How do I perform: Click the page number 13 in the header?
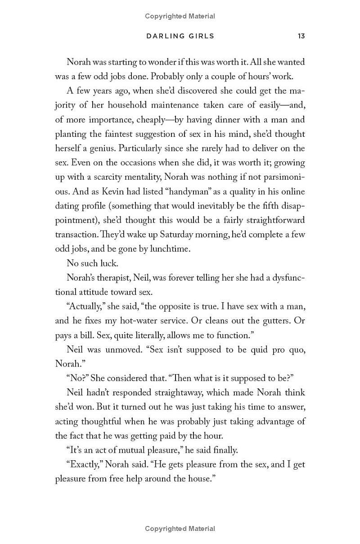click(301, 36)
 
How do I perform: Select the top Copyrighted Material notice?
click(180, 16)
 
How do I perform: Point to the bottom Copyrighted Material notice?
click(180, 529)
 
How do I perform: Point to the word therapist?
click(112, 278)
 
